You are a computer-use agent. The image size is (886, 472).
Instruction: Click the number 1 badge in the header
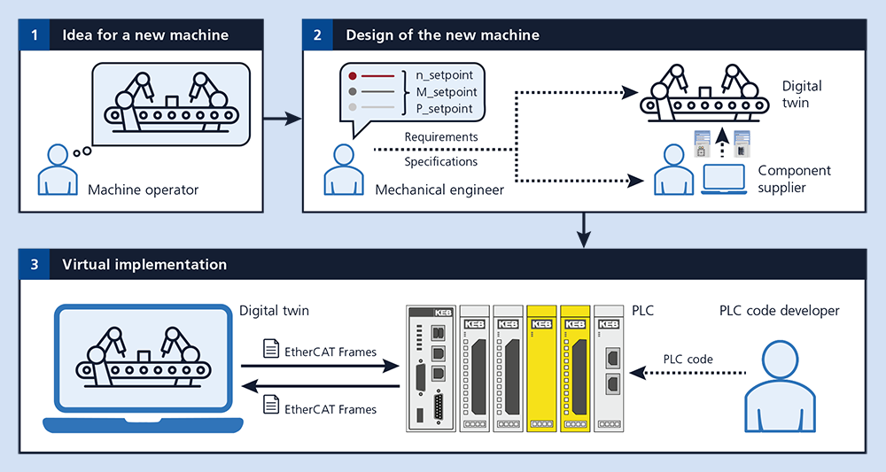(x=34, y=35)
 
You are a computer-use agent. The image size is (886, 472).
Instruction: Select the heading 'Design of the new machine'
(x=442, y=35)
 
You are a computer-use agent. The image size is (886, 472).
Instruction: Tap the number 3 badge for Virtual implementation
(x=34, y=264)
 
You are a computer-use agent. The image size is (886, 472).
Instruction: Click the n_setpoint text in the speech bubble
(x=446, y=75)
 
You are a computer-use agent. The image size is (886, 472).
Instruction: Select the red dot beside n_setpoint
(x=354, y=76)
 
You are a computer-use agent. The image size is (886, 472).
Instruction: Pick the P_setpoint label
(x=446, y=108)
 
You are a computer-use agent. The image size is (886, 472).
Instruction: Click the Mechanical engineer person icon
(x=341, y=170)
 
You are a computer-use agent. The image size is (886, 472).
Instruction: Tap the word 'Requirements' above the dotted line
(x=440, y=137)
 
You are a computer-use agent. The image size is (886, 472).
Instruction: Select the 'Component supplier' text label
(x=794, y=179)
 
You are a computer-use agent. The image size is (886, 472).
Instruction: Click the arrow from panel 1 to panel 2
(x=284, y=117)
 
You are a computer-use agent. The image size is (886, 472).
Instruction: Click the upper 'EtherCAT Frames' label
(x=330, y=352)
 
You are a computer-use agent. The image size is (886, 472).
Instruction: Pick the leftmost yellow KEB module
(x=540, y=368)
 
